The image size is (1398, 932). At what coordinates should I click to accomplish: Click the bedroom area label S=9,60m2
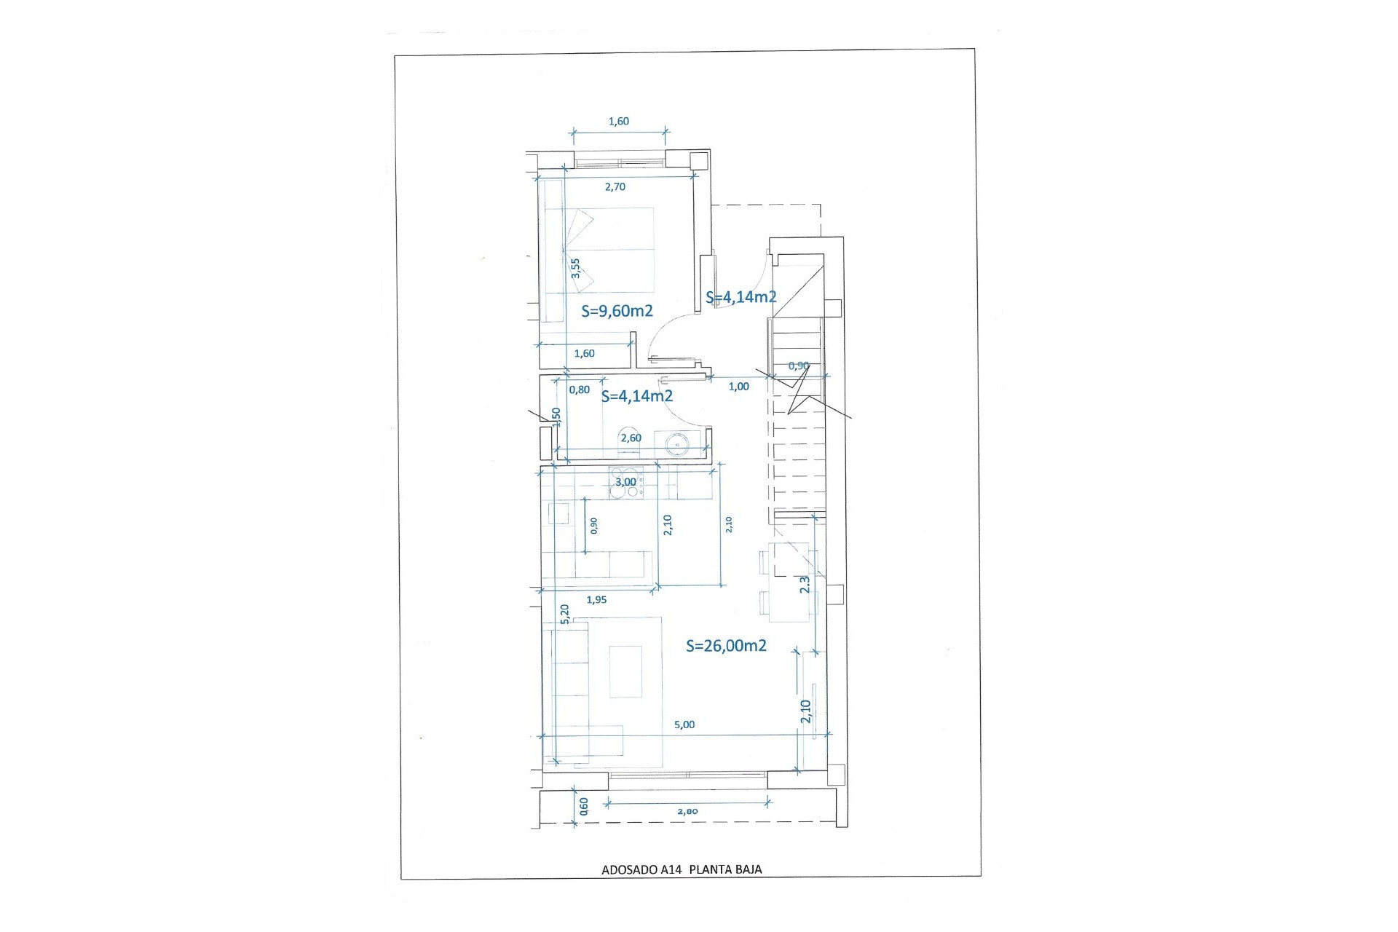[617, 311]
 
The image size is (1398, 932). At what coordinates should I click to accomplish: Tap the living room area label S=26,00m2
[726, 646]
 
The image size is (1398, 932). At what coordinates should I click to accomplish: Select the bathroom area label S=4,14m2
[636, 396]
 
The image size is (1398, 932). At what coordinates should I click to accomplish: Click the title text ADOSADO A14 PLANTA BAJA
[682, 869]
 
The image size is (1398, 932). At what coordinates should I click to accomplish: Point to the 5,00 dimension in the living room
[684, 724]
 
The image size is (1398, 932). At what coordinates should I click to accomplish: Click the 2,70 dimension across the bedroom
[615, 187]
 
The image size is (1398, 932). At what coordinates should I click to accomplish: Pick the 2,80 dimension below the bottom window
[687, 811]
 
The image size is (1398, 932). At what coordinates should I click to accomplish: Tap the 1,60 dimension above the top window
[618, 122]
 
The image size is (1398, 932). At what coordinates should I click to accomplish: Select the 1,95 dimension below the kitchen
[596, 600]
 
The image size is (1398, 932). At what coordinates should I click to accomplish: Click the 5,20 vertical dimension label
[564, 613]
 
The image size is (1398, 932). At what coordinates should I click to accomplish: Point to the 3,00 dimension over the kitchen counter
[625, 482]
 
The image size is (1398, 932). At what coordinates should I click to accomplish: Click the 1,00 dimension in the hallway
[738, 387]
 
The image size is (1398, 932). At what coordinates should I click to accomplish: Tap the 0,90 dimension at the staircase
[798, 366]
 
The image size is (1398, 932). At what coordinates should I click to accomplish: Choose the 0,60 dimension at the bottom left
[583, 805]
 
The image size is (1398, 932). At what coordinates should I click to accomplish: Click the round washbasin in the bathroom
[676, 443]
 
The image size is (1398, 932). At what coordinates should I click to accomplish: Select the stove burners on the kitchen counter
[624, 484]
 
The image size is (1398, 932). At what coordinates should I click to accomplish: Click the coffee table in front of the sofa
[625, 671]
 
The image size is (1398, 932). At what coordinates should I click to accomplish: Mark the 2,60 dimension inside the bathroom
[631, 438]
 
